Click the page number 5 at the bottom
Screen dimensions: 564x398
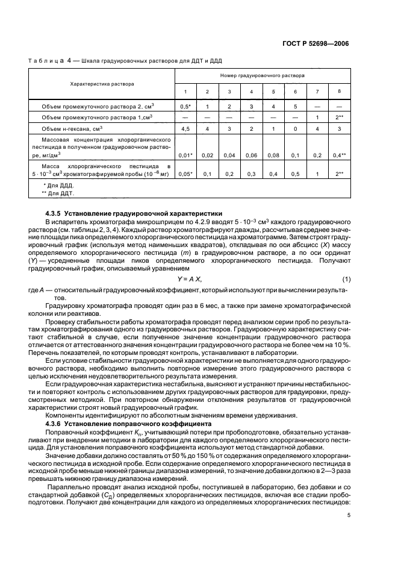click(348, 516)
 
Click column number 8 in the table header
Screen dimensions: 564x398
click(339, 91)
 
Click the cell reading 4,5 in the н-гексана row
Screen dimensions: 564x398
click(185, 128)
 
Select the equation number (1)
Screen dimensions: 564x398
click(346, 278)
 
